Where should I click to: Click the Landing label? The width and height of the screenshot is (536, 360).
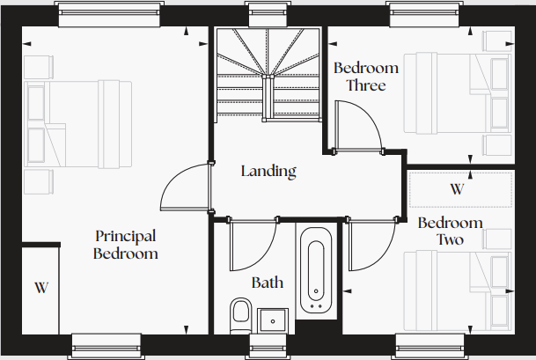tap(268, 172)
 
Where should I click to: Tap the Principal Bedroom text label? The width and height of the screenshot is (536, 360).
tap(126, 245)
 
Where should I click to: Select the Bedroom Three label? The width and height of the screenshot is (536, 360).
tap(366, 77)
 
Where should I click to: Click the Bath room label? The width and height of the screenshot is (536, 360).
tap(268, 283)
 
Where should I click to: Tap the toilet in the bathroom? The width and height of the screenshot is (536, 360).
tap(240, 315)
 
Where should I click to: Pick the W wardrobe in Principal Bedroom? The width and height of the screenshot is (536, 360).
tap(40, 288)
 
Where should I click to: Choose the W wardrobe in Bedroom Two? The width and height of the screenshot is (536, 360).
tap(456, 189)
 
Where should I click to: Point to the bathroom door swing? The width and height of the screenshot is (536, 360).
tap(249, 246)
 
